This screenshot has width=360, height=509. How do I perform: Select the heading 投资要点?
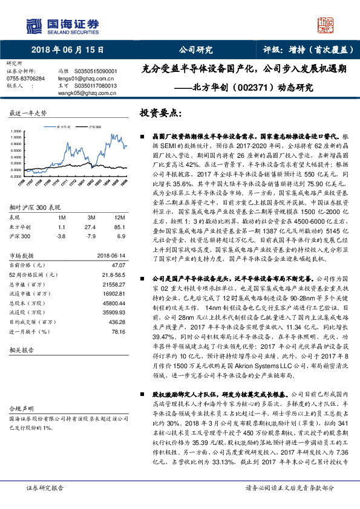pos(160,113)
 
